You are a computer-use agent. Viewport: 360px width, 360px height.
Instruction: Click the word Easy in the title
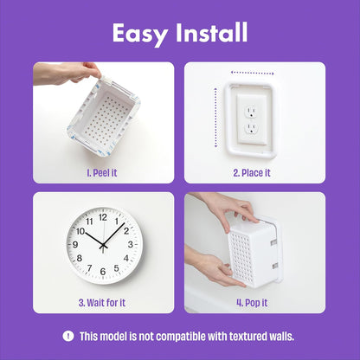pyautogui.click(x=140, y=33)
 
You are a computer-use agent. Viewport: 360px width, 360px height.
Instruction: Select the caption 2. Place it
pyautogui.click(x=252, y=172)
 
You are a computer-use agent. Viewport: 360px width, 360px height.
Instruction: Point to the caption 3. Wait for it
pyautogui.click(x=103, y=303)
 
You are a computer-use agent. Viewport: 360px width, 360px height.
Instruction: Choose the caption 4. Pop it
pyautogui.click(x=252, y=303)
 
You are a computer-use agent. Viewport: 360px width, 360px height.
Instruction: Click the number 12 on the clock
pyautogui.click(x=103, y=218)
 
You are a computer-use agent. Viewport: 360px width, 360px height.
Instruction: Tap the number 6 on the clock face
pyautogui.click(x=103, y=272)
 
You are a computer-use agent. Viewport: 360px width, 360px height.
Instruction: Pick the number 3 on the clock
pyautogui.click(x=130, y=245)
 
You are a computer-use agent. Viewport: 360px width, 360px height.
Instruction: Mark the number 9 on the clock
pyautogui.click(x=76, y=245)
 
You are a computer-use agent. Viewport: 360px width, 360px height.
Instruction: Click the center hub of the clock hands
pyautogui.click(x=103, y=245)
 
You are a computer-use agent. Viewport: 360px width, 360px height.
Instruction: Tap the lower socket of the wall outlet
pyautogui.click(x=252, y=130)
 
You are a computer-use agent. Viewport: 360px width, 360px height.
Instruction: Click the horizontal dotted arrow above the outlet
pyautogui.click(x=253, y=73)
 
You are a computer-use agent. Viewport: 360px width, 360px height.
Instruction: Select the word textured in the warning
pyautogui.click(x=247, y=337)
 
